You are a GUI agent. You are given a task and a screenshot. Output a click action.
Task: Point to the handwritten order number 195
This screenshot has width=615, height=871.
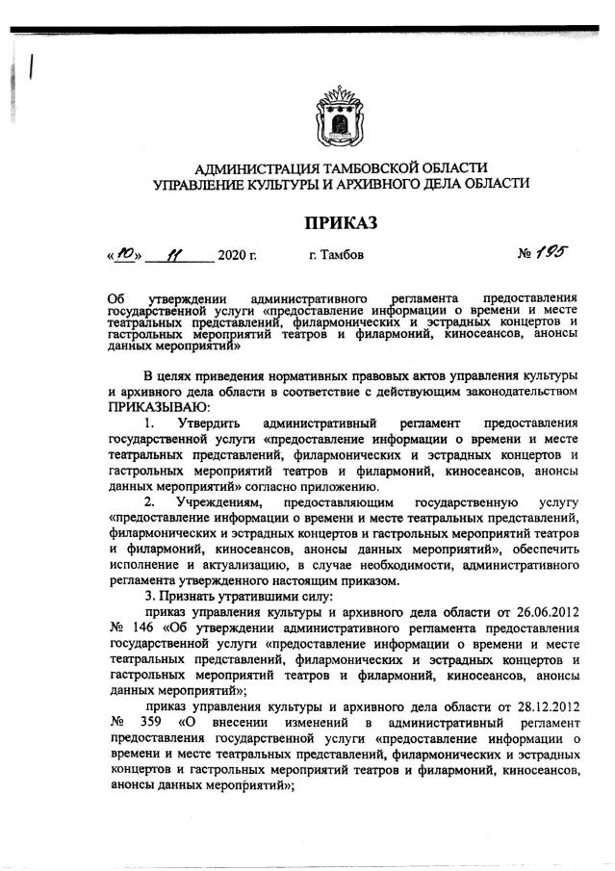point(551,252)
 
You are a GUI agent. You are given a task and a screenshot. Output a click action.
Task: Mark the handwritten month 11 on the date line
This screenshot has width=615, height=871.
point(174,256)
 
